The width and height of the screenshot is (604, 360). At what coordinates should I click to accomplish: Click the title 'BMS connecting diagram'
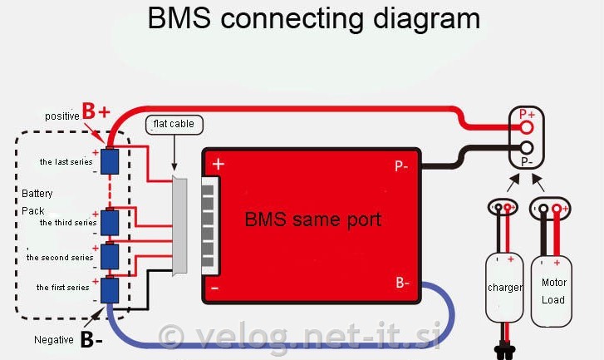[313, 18]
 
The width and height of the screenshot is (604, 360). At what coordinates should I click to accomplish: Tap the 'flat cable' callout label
[174, 126]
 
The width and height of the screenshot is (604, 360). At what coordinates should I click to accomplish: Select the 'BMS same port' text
[312, 220]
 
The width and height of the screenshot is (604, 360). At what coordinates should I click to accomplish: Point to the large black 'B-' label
[91, 339]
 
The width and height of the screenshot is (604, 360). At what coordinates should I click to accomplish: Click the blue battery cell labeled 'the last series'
[109, 160]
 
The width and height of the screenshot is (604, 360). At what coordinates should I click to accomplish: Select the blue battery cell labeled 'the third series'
[109, 222]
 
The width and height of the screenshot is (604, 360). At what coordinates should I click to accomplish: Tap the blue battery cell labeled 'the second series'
[109, 257]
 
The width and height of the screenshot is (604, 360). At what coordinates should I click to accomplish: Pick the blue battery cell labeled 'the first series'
[109, 288]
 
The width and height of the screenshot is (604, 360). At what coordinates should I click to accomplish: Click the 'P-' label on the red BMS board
[401, 165]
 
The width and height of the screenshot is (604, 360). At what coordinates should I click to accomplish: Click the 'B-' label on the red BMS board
[403, 283]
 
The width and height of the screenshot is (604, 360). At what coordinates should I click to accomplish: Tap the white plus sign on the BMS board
[219, 165]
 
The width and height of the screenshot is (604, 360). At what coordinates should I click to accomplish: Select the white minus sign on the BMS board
[215, 288]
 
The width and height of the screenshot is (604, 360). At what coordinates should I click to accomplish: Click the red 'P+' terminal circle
[526, 127]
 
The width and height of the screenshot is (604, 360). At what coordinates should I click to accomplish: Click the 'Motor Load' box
[553, 290]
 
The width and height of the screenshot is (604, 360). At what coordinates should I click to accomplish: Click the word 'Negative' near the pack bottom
[54, 339]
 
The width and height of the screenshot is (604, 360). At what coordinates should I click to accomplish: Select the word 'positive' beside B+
[62, 116]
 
